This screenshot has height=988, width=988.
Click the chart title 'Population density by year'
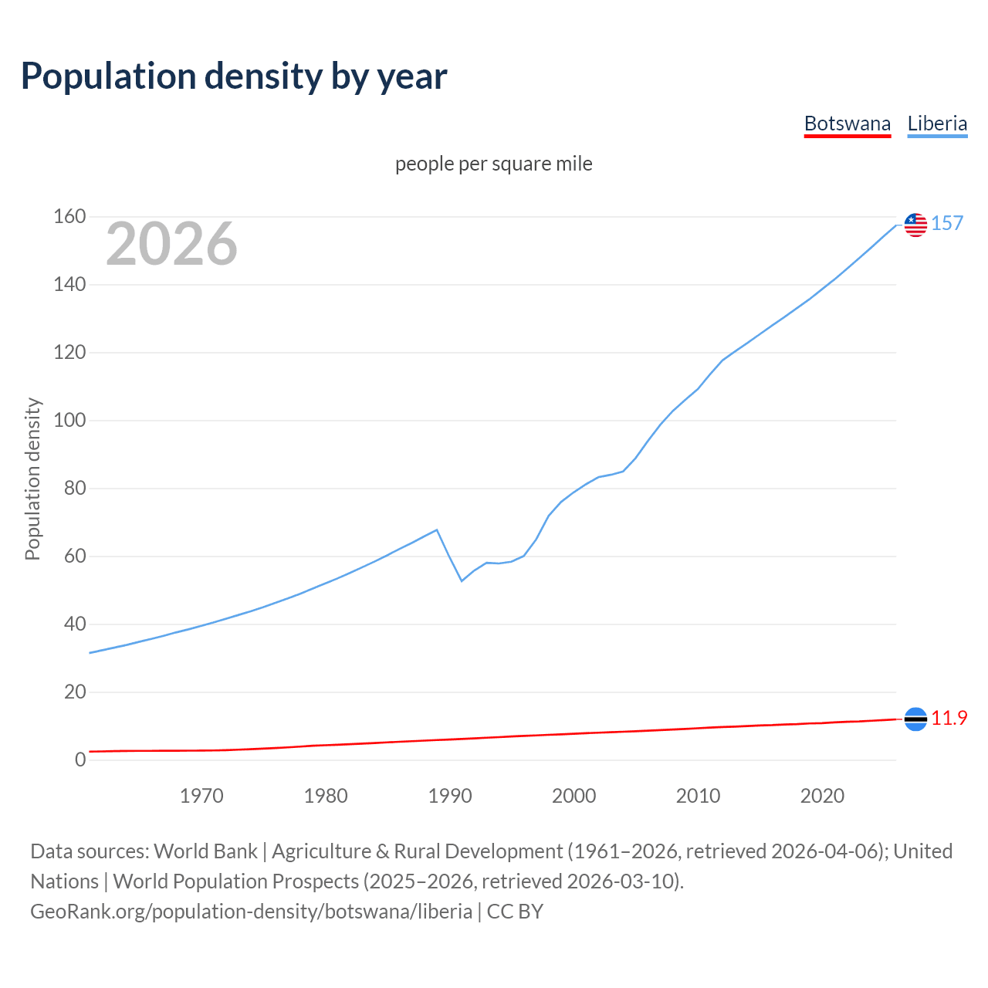(x=234, y=76)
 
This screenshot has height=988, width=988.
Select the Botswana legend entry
(x=847, y=123)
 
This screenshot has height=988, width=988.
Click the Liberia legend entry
(x=937, y=123)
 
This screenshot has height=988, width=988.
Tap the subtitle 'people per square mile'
(x=493, y=164)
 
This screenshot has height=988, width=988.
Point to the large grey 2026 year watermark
(x=171, y=244)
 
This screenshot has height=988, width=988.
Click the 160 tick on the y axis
(x=69, y=217)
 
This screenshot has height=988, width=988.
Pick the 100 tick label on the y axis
(x=69, y=421)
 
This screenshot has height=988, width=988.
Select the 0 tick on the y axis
(x=80, y=760)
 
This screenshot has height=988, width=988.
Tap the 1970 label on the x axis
(x=201, y=796)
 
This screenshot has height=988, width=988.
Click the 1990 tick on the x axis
(x=450, y=796)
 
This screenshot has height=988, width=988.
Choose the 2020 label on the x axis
(x=822, y=796)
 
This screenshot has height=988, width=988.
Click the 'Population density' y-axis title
(x=32, y=479)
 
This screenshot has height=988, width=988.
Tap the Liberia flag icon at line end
(x=915, y=225)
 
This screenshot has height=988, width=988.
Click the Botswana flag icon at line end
(x=915, y=719)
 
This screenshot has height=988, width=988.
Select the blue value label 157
(x=947, y=224)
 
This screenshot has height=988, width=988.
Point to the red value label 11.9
(x=949, y=719)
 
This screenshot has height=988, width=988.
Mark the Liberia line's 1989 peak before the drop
(x=438, y=530)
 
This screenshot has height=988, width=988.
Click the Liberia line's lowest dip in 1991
(x=462, y=580)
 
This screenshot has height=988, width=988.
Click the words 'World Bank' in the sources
(x=205, y=851)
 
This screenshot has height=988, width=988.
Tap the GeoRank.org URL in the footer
(x=251, y=912)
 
